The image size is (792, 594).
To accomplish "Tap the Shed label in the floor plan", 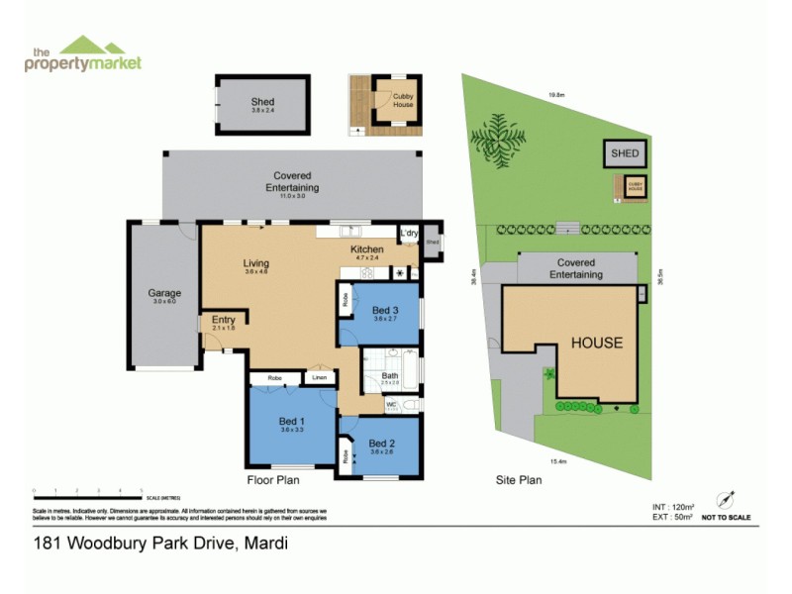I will (262, 102).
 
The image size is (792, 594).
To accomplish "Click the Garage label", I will (163, 294).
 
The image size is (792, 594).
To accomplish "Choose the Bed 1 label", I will (291, 424).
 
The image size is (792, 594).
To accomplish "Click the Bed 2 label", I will (382, 443).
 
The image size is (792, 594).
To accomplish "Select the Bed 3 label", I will (386, 311).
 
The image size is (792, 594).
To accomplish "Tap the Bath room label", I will (391, 376).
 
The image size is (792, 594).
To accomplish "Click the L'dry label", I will (409, 234).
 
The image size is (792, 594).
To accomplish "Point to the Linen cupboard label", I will (319, 377).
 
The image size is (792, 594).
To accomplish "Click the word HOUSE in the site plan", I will (596, 343).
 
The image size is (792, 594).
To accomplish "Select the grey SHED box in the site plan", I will (625, 153).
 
